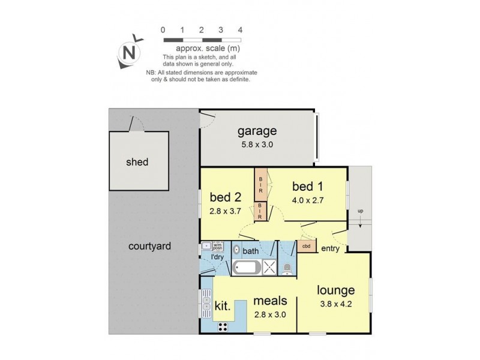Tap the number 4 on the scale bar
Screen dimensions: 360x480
point(240,29)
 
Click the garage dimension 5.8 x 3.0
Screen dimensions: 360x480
point(256,144)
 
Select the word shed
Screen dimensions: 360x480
point(137,162)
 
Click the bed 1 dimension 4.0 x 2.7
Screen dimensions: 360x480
point(308,200)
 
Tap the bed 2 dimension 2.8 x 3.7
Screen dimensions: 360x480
point(225,211)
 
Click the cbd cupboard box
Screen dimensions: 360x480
point(306,246)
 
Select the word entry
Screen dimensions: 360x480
point(331,248)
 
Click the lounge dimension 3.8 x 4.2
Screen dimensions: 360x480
point(340,304)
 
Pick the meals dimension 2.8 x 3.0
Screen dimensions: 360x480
point(269,313)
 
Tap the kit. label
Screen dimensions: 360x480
point(222,305)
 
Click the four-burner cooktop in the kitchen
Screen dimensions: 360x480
point(223,326)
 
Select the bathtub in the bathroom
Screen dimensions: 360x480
point(245,268)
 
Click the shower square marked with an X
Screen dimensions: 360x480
point(271,268)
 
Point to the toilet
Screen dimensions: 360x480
point(287,268)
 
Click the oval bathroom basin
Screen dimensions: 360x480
point(236,250)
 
